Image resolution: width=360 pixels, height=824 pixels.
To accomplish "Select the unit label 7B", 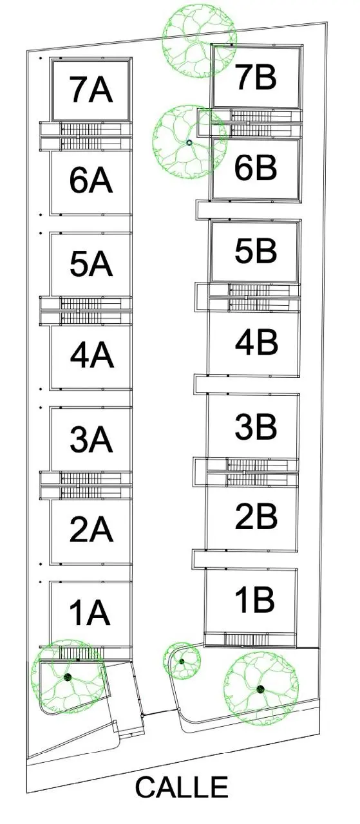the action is click(256, 77).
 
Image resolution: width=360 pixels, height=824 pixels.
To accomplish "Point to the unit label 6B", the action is click(256, 167).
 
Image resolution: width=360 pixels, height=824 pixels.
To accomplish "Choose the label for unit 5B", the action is click(256, 250).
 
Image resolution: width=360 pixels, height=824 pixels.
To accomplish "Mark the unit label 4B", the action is click(256, 342).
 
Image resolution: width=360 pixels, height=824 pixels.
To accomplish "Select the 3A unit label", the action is click(91, 439).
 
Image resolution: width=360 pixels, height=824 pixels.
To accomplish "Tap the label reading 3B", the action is click(256, 427).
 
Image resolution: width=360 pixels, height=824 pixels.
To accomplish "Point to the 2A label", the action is click(91, 529).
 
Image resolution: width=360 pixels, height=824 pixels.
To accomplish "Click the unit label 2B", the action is click(256, 516).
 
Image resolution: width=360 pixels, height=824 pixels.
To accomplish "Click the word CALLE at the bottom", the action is click(182, 787).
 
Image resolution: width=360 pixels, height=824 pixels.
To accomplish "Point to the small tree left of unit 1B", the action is click(182, 661).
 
